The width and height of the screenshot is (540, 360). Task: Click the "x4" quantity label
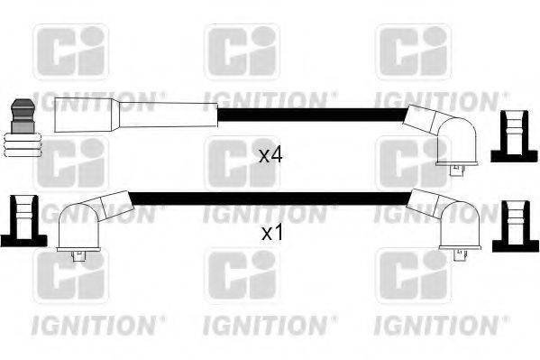pos(270,155)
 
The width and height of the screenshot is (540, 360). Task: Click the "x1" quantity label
pos(270,233)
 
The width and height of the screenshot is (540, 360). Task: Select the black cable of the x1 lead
pos(270,196)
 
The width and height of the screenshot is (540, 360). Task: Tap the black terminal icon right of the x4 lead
pos(513,136)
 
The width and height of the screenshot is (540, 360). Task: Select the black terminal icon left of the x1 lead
pos(22,219)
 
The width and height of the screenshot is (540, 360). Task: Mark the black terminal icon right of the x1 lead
pos(514,222)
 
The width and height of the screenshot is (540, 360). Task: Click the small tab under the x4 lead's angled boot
pos(455,165)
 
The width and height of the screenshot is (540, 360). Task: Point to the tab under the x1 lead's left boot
pos(76,256)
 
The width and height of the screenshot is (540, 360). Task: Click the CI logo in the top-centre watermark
pos(242,52)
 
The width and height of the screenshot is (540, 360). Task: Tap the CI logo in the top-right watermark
pos(413,51)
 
